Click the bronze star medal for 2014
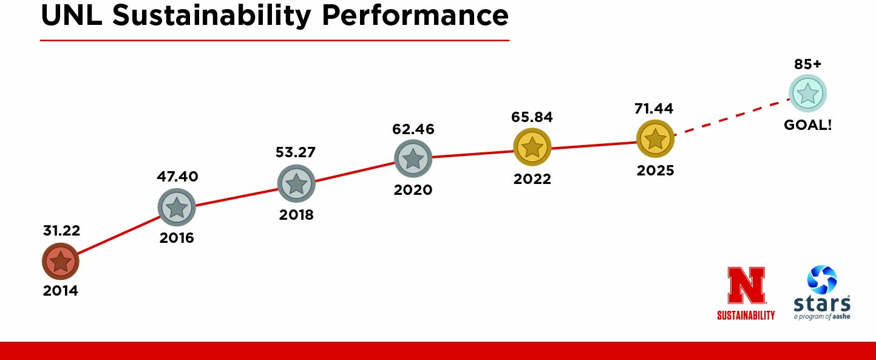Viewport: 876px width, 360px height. click(x=60, y=262)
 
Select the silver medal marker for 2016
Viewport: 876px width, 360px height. click(x=177, y=208)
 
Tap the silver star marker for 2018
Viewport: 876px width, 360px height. click(x=296, y=183)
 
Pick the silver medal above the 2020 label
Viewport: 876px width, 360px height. click(x=413, y=158)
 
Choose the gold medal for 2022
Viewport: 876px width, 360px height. click(x=532, y=146)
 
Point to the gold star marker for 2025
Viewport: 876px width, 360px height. click(x=655, y=139)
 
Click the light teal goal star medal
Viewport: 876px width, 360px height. click(x=807, y=93)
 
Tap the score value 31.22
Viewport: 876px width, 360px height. click(x=61, y=231)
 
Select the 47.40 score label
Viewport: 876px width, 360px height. click(x=177, y=177)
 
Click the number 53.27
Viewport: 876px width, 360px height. click(x=296, y=152)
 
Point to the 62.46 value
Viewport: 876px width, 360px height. click(x=413, y=129)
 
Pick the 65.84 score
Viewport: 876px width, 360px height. click(x=532, y=117)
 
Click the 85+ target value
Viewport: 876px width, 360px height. click(x=807, y=64)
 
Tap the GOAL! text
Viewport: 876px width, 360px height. click(x=807, y=125)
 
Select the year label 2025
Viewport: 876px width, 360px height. click(x=655, y=171)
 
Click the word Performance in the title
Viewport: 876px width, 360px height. click(x=416, y=15)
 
